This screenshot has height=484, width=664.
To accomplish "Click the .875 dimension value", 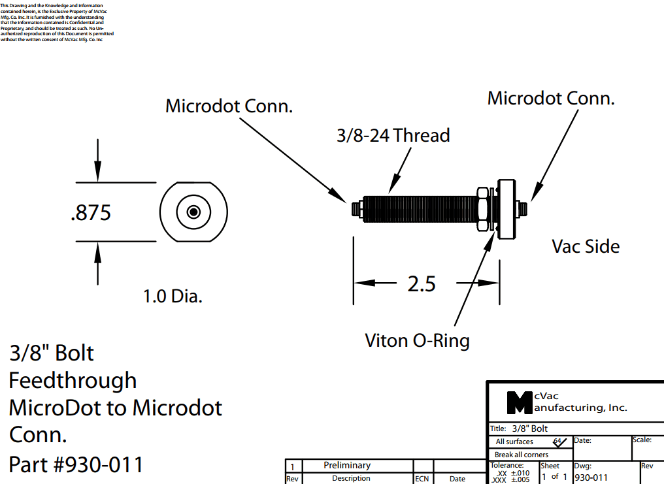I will [91, 213].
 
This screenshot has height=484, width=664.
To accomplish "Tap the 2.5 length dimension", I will [422, 284].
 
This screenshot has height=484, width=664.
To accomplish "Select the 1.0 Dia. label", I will [173, 297].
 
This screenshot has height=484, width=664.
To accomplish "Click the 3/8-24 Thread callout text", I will [393, 136].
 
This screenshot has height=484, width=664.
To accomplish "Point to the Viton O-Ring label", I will [417, 340].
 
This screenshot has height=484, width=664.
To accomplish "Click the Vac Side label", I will [586, 246].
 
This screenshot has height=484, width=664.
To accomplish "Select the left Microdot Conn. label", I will [229, 106].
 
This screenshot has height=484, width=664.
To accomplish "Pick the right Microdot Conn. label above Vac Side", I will [551, 99].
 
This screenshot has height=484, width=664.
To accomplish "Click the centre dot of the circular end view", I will [193, 212].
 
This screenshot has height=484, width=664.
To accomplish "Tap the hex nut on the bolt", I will [482, 209].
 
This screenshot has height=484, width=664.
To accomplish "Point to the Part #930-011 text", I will [76, 464].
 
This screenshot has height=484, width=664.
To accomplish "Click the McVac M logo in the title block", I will [520, 402].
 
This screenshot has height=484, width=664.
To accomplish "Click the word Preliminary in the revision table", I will [347, 465].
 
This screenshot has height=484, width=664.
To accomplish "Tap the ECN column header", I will [422, 479].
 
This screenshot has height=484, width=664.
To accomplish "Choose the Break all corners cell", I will [522, 455].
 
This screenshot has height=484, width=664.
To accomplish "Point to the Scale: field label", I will [642, 440].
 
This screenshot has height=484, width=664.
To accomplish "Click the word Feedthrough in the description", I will [73, 380].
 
